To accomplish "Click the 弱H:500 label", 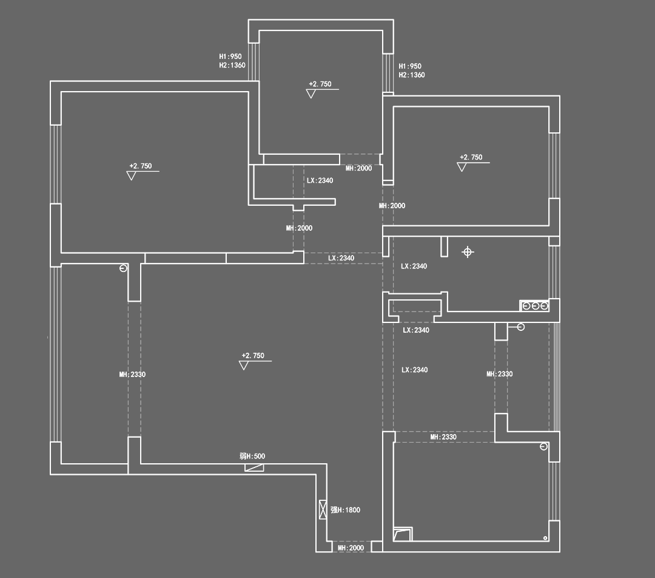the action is (252, 457).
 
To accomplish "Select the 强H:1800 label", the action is (345, 510).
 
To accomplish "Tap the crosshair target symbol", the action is (468, 252).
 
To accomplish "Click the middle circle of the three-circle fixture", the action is (535, 305).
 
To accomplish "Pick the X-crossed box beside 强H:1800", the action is (323, 509).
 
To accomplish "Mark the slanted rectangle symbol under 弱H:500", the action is (254, 467).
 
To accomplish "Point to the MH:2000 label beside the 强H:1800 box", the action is (351, 548).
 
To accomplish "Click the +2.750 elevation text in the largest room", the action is (253, 356).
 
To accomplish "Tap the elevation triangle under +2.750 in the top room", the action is (311, 94).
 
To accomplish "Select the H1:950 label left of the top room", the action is (230, 56).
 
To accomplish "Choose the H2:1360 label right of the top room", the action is (412, 75).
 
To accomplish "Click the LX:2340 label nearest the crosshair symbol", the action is (414, 267).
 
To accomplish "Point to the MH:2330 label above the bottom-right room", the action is (443, 437).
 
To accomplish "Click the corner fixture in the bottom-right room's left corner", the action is (402, 534).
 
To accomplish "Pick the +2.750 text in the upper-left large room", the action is (141, 166).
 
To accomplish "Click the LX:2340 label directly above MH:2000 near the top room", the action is (320, 180).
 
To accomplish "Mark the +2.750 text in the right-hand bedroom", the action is (471, 157).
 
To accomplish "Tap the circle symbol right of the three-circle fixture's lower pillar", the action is (520, 327).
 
